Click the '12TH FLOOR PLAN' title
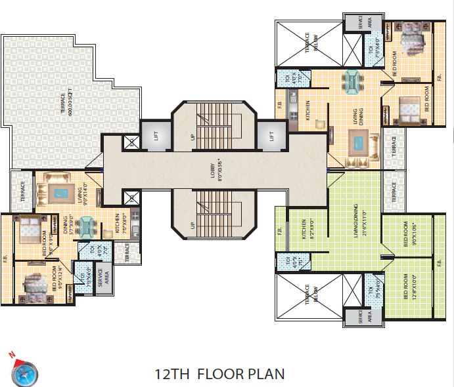point(219,375)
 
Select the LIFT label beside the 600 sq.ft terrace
point(156,136)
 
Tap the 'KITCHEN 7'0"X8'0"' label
point(120,222)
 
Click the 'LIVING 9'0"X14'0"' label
point(79,197)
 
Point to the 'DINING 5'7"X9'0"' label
point(68,225)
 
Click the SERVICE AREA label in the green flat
point(362,317)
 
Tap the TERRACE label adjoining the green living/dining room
point(394,190)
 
